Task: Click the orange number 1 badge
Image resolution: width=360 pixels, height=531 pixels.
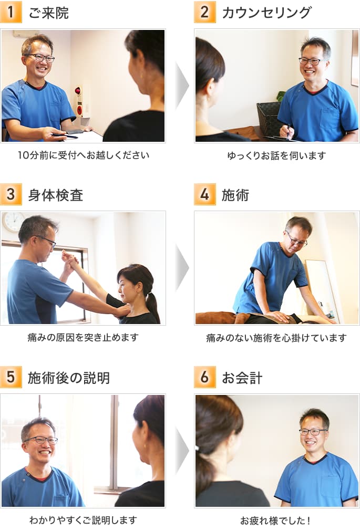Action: (x=11, y=12)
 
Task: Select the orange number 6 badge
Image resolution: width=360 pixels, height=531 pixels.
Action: (x=204, y=377)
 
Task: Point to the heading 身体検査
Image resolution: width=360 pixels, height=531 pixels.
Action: (x=55, y=195)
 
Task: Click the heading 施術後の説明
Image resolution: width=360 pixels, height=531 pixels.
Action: (x=69, y=378)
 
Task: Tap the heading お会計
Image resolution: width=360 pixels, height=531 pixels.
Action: (x=242, y=378)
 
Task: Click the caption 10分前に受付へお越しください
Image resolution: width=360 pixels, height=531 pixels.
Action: (x=83, y=155)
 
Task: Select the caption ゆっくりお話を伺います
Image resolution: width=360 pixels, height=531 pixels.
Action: (x=276, y=155)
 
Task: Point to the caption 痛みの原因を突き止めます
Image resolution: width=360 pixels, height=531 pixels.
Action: (x=83, y=338)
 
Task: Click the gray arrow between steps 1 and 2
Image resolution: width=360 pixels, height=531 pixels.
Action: (x=181, y=86)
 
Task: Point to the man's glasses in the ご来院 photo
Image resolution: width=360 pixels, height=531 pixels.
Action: (x=41, y=58)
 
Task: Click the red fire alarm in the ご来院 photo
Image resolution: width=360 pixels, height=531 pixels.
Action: (x=79, y=100)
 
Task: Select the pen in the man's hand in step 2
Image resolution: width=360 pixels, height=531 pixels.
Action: (x=289, y=129)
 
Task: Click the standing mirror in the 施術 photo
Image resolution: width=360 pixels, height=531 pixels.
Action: (x=322, y=289)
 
